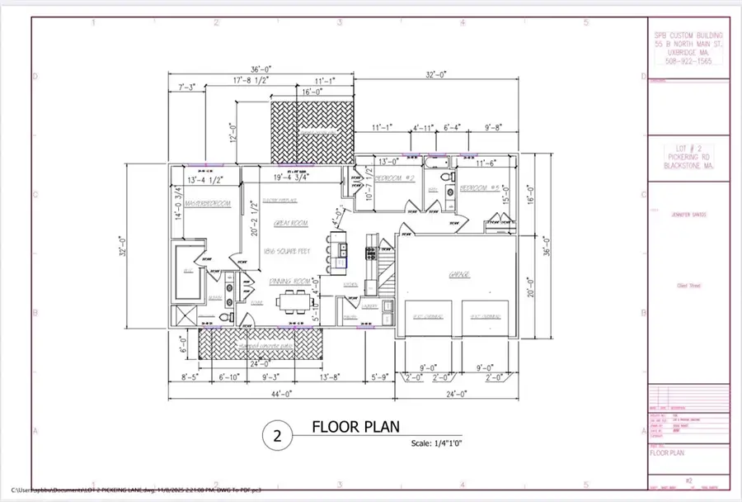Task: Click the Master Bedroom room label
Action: pyautogui.click(x=207, y=203)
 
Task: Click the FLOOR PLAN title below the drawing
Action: pyautogui.click(x=355, y=427)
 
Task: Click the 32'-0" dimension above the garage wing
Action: pyautogui.click(x=436, y=74)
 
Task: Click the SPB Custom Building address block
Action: pyautogui.click(x=687, y=48)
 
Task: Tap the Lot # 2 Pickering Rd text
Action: pyautogui.click(x=688, y=156)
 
